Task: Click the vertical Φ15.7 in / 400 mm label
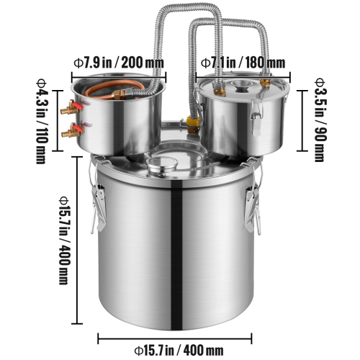point(64,233)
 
